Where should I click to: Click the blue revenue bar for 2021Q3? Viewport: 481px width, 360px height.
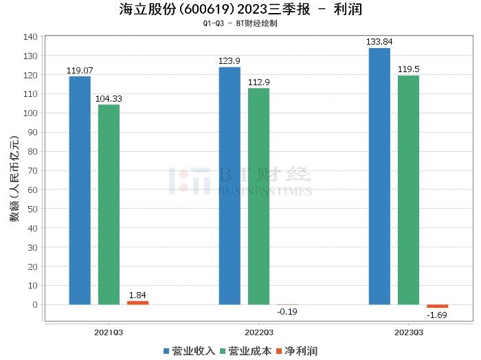80,190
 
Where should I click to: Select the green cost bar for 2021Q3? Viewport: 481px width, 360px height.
109,204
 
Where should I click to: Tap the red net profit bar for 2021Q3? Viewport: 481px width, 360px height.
137,302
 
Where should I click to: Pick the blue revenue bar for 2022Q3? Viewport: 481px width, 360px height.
230,185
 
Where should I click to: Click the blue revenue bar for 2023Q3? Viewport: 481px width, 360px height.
379,176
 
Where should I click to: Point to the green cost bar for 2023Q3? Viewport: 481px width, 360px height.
408,190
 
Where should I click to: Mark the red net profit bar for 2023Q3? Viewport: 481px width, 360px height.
437,306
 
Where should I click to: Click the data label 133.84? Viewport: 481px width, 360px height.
379,43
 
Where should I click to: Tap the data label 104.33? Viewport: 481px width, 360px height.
109,99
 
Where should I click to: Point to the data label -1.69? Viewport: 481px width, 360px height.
437,315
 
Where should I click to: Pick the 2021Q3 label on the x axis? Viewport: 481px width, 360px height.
109,332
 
